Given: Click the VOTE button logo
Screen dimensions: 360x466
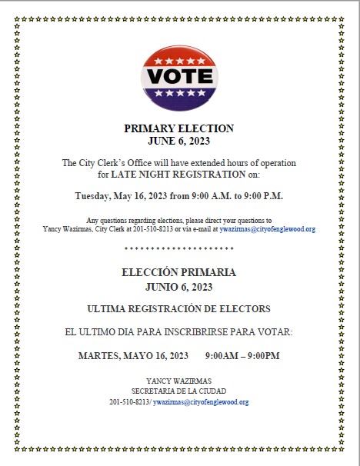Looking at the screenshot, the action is [178, 77].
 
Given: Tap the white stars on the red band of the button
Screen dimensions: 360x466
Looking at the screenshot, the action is [179, 61].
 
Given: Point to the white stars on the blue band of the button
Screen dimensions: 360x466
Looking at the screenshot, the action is [179, 93].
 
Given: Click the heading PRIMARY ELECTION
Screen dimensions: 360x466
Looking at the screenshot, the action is [178, 128].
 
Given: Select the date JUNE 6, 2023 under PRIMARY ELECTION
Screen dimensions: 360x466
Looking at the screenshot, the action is [178, 141].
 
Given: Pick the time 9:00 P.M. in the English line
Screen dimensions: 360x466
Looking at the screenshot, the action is [262, 195].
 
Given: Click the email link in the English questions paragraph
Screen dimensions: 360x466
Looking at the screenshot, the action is [267, 229].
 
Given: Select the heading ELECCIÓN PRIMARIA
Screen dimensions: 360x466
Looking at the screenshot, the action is [178, 273].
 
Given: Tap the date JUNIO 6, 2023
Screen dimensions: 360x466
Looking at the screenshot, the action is [178, 287].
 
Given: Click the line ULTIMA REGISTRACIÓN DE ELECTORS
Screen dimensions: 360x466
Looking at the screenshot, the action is [178, 309].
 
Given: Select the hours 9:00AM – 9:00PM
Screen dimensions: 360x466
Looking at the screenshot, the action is [242, 356].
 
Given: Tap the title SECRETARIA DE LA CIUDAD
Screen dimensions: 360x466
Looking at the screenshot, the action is [178, 391].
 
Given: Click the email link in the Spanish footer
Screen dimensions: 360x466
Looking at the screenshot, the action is [201, 402].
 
